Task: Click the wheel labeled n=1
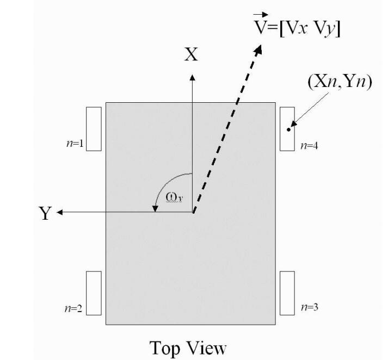94,128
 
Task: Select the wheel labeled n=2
94,293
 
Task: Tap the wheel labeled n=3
287,293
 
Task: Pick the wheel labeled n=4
287,128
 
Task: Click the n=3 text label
309,308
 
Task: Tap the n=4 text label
309,146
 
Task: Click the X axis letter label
190,55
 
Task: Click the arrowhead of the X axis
192,76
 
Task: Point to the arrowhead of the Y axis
60,212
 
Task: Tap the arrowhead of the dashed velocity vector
257,49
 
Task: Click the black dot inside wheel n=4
289,129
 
